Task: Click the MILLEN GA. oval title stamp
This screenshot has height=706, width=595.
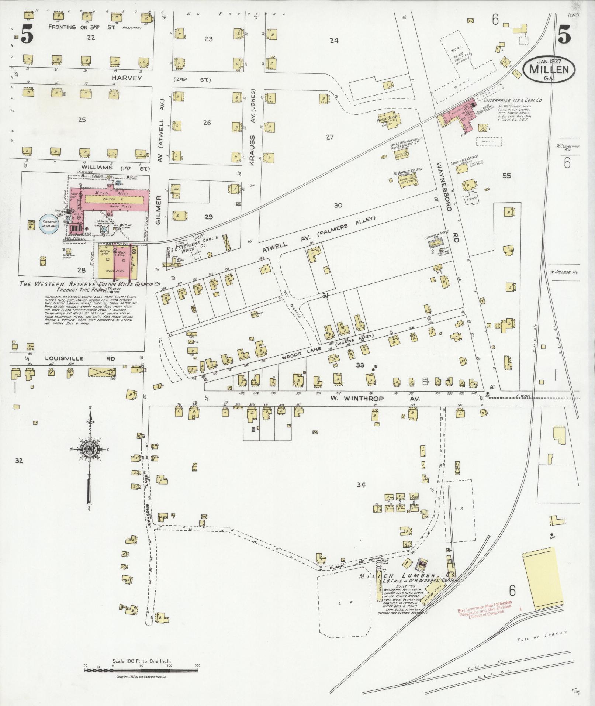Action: (549, 69)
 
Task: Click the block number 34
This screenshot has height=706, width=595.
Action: (361, 485)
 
